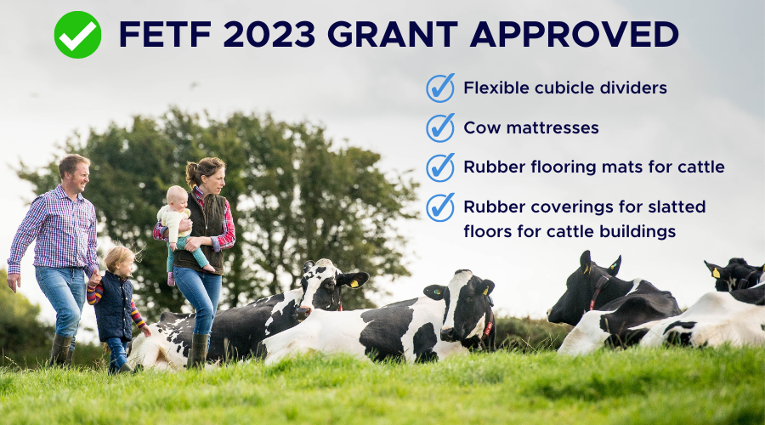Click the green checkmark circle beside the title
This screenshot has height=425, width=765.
[x=77, y=35]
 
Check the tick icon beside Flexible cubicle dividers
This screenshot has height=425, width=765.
[x=440, y=88]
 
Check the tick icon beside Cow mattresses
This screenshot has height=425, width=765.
[x=440, y=127]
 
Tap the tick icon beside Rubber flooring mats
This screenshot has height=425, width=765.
[x=440, y=167]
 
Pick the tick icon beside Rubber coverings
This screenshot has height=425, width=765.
[x=440, y=207]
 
